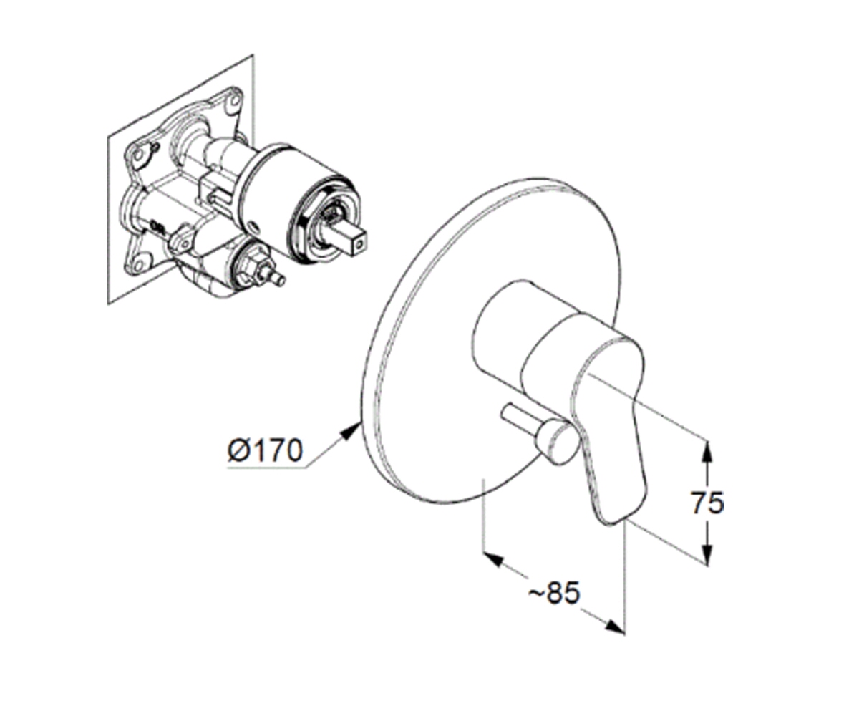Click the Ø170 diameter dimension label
pos(265,450)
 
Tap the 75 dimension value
pos(707,503)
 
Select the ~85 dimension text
pos(554,593)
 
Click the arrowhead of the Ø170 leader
pos(351,434)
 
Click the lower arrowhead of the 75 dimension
pos(707,553)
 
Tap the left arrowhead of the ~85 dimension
pos(493,560)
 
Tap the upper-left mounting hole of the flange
pos(139,155)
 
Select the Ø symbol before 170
pos(238,450)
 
